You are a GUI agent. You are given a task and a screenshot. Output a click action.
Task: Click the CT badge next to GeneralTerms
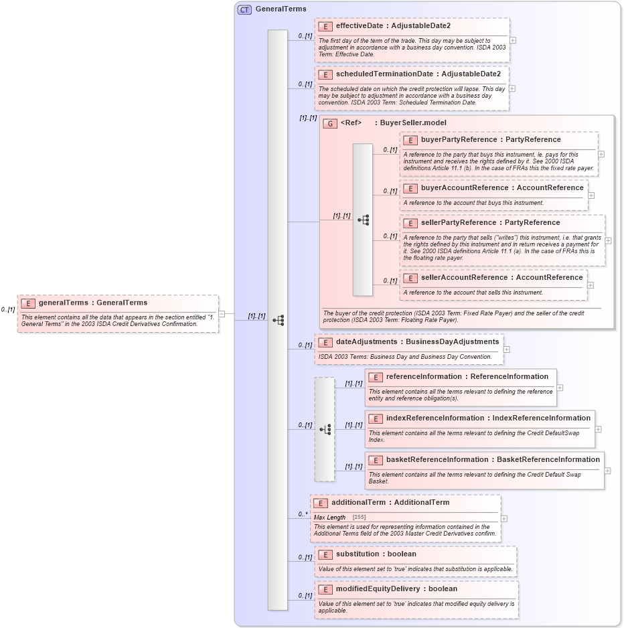pyautogui.click(x=245, y=9)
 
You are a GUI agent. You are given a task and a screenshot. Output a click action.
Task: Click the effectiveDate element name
pyautogui.click(x=361, y=25)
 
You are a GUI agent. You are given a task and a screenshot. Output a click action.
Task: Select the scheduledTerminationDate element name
pyautogui.click(x=384, y=74)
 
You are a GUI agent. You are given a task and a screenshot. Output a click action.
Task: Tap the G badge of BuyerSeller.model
pyautogui.click(x=329, y=123)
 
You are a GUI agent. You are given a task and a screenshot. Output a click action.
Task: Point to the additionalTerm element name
pyautogui.click(x=357, y=502)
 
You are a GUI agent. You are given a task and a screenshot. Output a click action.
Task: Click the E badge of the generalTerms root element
pyautogui.click(x=27, y=303)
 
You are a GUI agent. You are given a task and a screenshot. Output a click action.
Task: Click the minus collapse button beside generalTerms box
pyautogui.click(x=230, y=313)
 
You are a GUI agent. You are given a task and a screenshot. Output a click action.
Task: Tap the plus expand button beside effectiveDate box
pyautogui.click(x=513, y=40)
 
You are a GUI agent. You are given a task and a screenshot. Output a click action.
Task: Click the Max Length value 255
pyautogui.click(x=359, y=518)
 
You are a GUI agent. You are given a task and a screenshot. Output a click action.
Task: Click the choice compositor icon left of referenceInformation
pyautogui.click(x=325, y=429)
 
